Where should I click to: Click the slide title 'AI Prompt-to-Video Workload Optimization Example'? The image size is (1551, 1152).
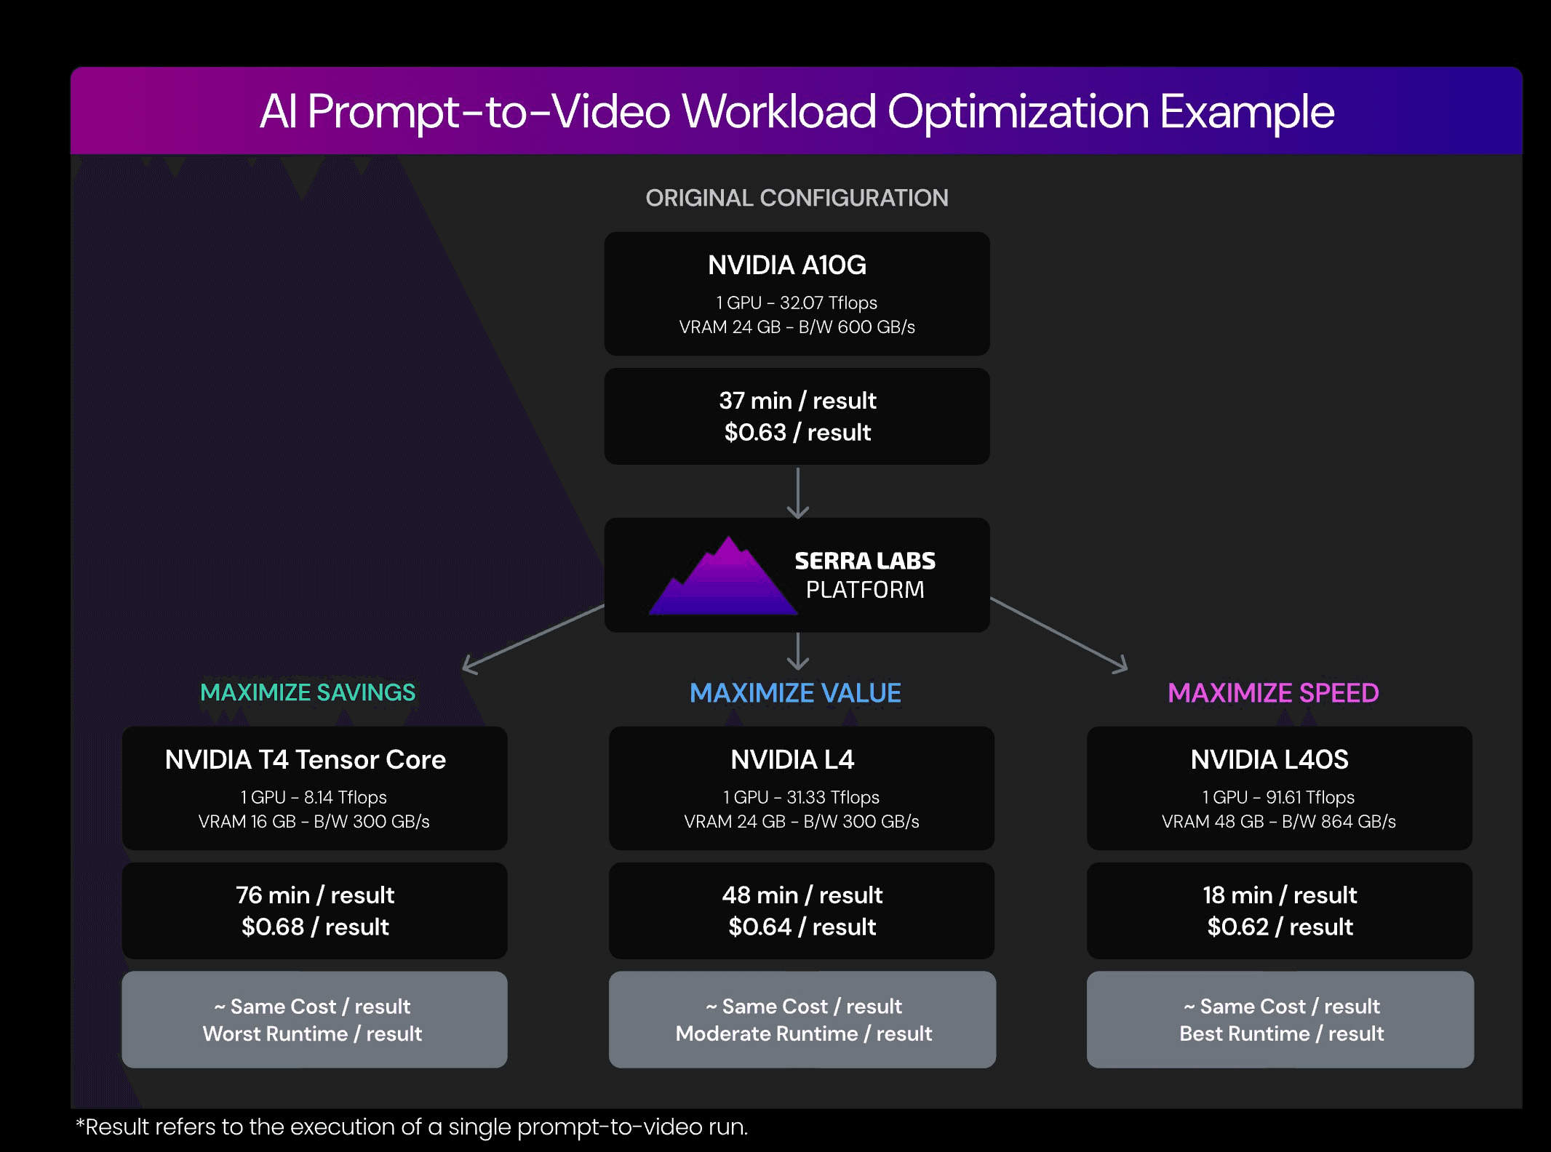click(797, 112)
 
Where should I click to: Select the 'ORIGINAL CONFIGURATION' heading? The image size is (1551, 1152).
click(797, 198)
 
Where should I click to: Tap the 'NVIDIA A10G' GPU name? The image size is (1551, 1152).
click(787, 265)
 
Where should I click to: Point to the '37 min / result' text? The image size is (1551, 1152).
click(797, 401)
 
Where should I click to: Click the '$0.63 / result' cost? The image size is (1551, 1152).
click(797, 433)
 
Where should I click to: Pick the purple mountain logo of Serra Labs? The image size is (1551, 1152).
click(723, 575)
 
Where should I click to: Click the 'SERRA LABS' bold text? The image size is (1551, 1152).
click(865, 561)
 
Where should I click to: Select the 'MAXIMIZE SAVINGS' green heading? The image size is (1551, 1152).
click(308, 692)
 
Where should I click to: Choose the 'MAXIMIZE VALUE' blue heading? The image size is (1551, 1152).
click(795, 693)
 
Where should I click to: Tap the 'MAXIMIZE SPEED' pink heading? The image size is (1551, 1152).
click(1273, 693)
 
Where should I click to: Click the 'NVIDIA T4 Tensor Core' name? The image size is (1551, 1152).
click(306, 760)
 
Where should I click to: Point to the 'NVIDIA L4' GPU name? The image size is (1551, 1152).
click(792, 760)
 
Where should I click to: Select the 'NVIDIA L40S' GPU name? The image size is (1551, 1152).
click(1269, 760)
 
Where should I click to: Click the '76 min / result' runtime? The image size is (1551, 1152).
click(315, 895)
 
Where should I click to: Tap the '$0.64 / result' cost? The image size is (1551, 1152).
click(802, 927)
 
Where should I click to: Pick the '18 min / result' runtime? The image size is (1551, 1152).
click(1280, 895)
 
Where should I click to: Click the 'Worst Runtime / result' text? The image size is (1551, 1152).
click(312, 1034)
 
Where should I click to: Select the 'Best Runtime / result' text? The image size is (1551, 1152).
click(1281, 1034)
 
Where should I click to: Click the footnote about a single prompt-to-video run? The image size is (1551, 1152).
click(412, 1127)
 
